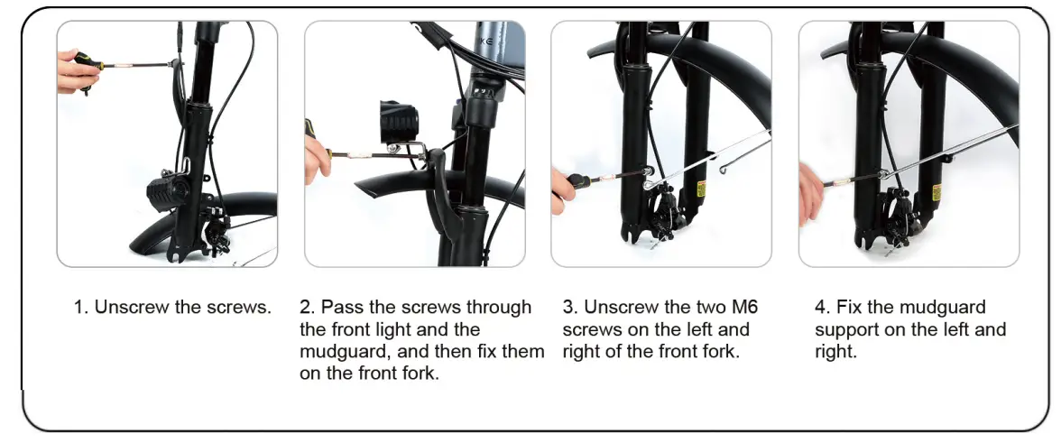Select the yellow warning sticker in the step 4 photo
[x=936, y=192]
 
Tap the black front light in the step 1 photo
[x=163, y=190]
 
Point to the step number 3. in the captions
[x=569, y=307]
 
